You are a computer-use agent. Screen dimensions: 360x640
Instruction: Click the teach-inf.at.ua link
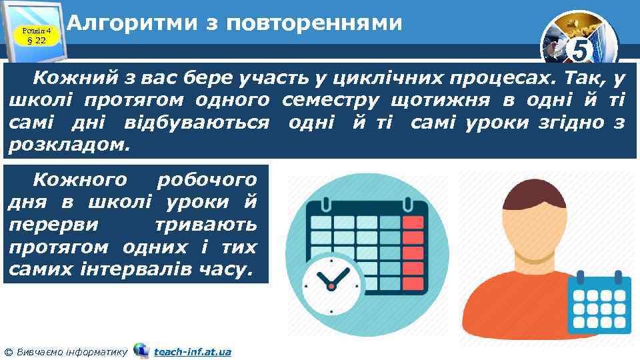pyautogui.click(x=193, y=351)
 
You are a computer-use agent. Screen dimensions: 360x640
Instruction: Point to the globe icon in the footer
pyautogui.click(x=141, y=350)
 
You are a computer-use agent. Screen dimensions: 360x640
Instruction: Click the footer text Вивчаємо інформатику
pyautogui.click(x=70, y=351)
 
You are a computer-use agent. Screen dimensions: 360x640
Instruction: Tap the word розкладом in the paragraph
pyautogui.click(x=68, y=144)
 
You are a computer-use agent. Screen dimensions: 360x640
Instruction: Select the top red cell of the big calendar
pyautogui.click(x=413, y=223)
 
